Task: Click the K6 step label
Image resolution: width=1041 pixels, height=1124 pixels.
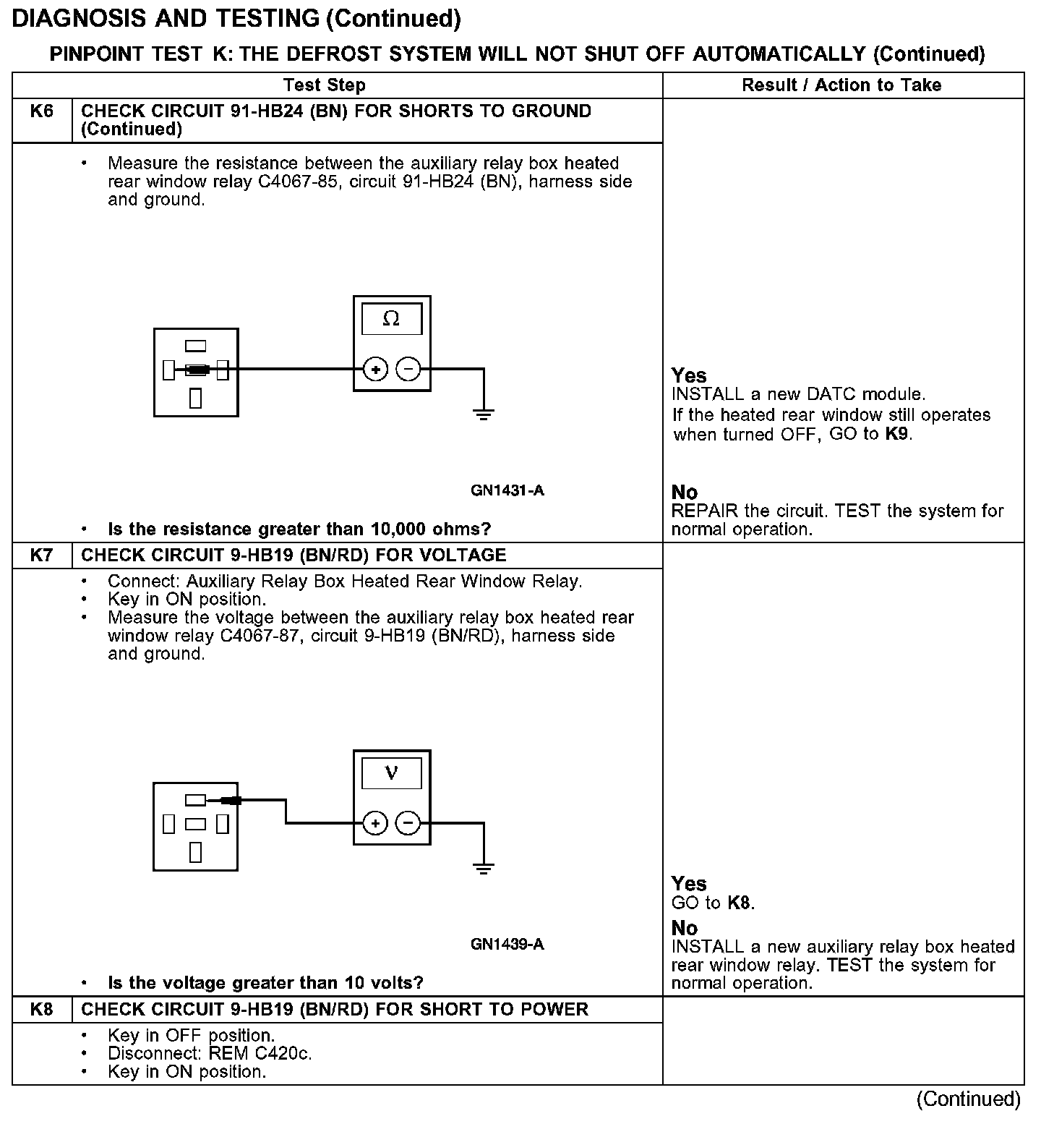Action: coord(42,111)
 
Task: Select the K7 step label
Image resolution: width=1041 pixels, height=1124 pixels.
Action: coord(42,555)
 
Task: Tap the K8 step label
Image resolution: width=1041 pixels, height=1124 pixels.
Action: coord(42,1009)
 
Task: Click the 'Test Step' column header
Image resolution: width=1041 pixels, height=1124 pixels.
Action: coord(325,85)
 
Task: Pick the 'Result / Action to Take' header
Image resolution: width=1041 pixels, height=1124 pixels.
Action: coord(841,85)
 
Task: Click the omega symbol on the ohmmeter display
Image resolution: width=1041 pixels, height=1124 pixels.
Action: coord(391,319)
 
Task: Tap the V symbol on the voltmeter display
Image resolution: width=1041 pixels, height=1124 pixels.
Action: coord(391,773)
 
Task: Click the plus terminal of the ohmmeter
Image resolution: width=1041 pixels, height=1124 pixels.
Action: coord(375,370)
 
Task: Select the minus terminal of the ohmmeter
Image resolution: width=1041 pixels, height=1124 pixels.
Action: coord(408,370)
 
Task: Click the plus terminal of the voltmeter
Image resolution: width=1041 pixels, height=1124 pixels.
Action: coord(375,823)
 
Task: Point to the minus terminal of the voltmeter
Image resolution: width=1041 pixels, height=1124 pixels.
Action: coord(408,823)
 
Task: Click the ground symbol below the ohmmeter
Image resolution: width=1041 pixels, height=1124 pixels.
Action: coord(484,414)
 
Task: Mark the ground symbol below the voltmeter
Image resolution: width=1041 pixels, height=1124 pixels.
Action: coord(484,868)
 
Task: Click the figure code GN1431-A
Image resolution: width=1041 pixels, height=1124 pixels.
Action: coord(507,491)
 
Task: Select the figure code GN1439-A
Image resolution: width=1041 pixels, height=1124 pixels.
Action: coord(507,945)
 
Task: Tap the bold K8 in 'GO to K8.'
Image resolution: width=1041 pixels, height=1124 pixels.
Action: coord(740,903)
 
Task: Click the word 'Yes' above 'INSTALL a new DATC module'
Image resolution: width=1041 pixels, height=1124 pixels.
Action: coord(689,375)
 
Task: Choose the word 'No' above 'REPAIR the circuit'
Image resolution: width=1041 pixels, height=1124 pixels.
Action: coord(684,493)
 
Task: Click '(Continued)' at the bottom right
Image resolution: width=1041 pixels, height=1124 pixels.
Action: coord(968,1099)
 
